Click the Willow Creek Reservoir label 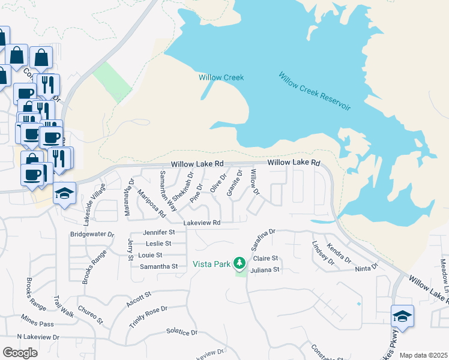tap(315, 91)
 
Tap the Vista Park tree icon tap(240, 263)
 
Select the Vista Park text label tap(211, 263)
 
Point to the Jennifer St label tap(158, 232)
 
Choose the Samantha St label tap(158, 266)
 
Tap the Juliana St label tap(267, 270)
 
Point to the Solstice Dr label tap(182, 332)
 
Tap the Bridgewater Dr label tap(92, 234)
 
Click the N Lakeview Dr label tap(38, 337)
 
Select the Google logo tap(20, 353)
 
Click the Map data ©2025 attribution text tap(423, 355)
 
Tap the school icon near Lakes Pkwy tap(402, 316)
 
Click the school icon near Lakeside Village tap(64, 193)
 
